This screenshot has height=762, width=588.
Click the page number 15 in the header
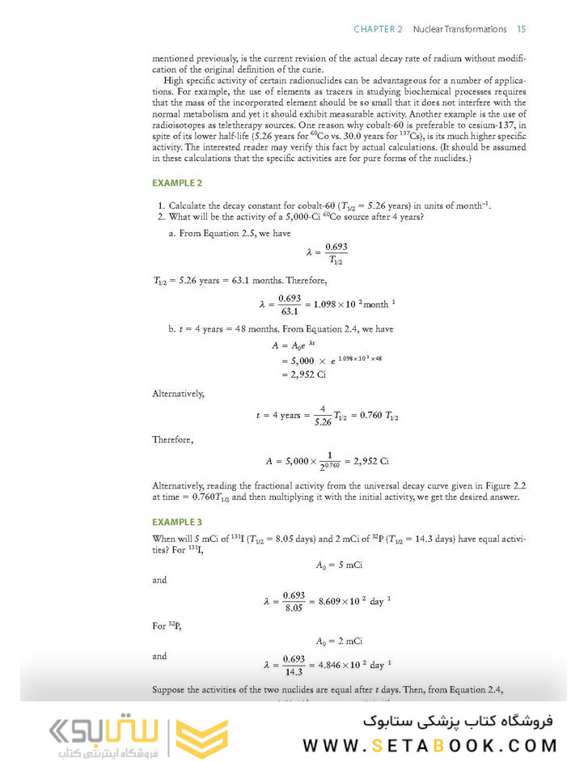pos(522,29)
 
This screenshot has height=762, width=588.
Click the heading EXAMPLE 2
pos(177,184)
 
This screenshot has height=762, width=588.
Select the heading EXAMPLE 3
pos(177,523)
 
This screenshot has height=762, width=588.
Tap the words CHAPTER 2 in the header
pos(378,29)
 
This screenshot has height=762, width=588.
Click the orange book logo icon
pos(202,734)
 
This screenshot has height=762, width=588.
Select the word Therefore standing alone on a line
pos(173,441)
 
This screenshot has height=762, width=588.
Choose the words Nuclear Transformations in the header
pos(459,29)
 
